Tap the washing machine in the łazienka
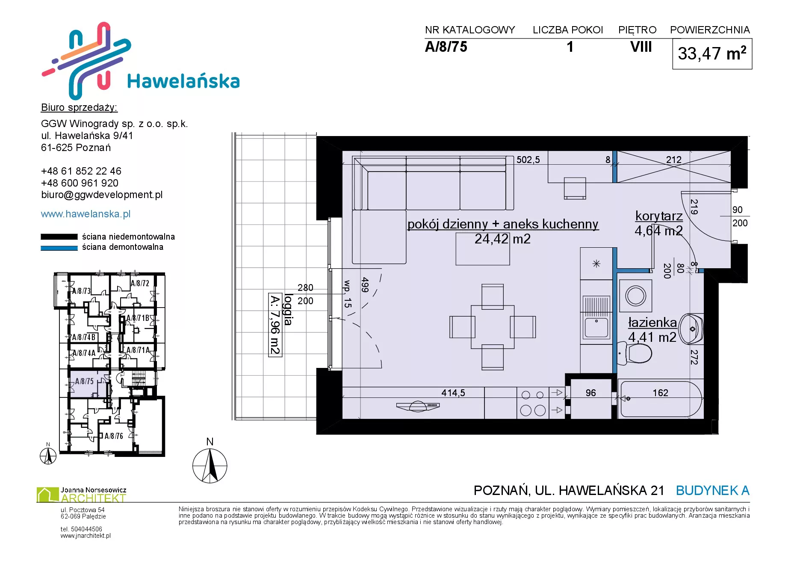click(636, 295)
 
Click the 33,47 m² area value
click(712, 53)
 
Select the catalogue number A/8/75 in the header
click(446, 47)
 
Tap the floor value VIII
click(641, 47)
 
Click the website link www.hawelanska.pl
click(86, 214)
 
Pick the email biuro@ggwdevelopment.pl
click(102, 195)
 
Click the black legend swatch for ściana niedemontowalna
click(59, 237)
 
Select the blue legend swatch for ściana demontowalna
click(59, 248)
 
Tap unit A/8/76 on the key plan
click(114, 436)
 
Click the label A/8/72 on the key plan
click(140, 283)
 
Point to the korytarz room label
click(659, 216)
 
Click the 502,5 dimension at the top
click(528, 160)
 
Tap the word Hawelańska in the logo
click(183, 81)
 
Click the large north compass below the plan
click(210, 466)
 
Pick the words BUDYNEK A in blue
click(713, 490)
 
